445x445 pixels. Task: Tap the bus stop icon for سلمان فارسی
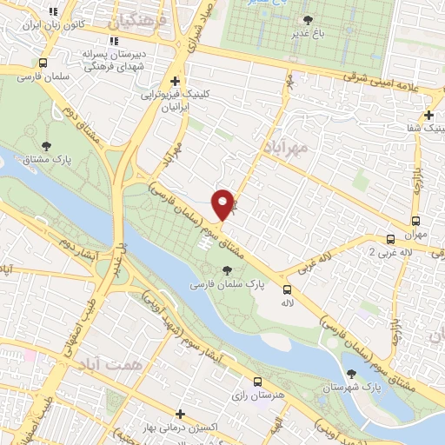click(x=43, y=63)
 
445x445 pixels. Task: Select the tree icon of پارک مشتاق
click(x=46, y=147)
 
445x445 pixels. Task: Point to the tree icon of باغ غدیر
click(x=307, y=20)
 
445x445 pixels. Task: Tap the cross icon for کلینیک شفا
click(x=428, y=115)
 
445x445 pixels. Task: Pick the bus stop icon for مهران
click(x=415, y=220)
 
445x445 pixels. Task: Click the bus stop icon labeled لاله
click(x=287, y=290)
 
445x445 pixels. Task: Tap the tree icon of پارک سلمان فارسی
click(x=228, y=270)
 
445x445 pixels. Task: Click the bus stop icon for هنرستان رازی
click(x=257, y=382)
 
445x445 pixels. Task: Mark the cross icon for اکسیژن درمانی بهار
click(x=180, y=415)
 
